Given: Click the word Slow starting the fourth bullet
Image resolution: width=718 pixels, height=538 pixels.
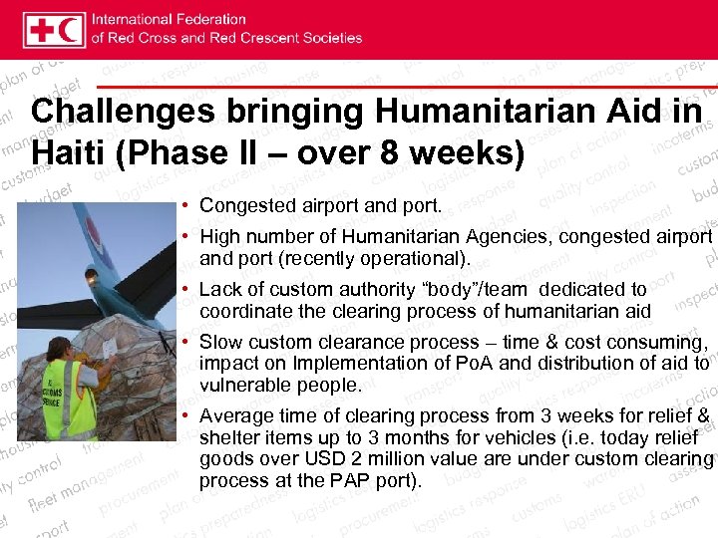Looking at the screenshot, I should coord(220,342).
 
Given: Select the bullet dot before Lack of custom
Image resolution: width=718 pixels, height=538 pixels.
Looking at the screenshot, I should coord(186,290).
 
